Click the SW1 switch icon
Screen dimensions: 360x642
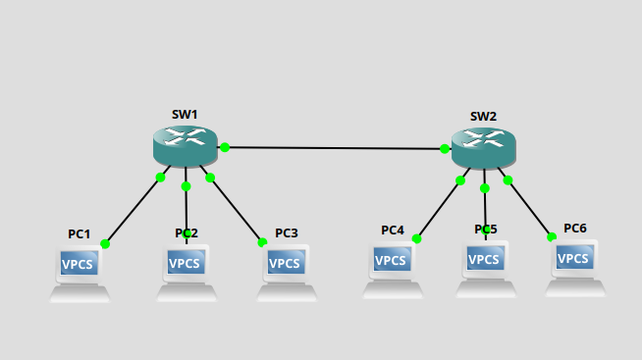click(x=186, y=146)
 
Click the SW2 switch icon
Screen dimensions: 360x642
click(x=483, y=148)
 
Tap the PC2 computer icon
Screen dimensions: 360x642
click(x=187, y=272)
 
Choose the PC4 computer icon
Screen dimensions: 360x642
click(x=393, y=269)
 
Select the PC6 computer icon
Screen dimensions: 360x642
click(x=576, y=267)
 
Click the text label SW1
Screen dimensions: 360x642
click(x=185, y=115)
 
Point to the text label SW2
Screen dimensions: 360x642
click(x=483, y=117)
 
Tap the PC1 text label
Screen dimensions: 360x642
click(x=80, y=234)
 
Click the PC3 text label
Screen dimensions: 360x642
click(x=287, y=233)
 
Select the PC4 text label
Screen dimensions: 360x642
click(x=393, y=231)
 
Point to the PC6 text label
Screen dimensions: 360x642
click(x=575, y=229)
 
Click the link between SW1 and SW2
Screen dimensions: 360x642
click(x=334, y=148)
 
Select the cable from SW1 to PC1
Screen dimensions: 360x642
click(x=134, y=210)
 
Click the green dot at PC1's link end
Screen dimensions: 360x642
click(x=105, y=243)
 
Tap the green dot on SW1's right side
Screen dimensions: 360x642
click(x=225, y=147)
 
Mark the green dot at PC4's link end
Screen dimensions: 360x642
click(x=416, y=238)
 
